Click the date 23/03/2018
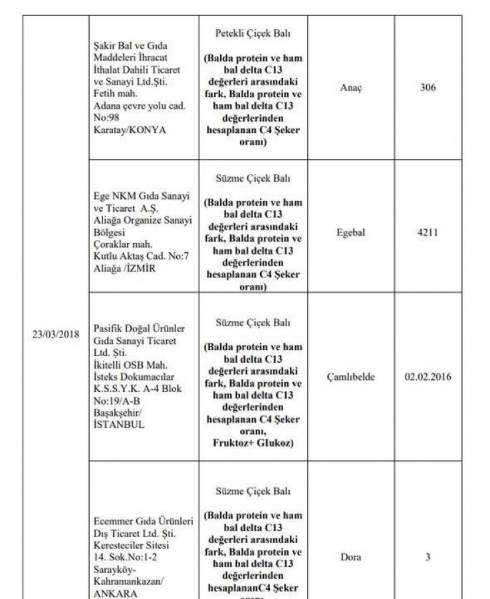pyautogui.click(x=56, y=333)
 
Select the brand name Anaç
pyautogui.click(x=351, y=87)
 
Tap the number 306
pyautogui.click(x=428, y=87)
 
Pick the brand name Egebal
pyautogui.click(x=351, y=234)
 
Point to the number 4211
pyautogui.click(x=428, y=234)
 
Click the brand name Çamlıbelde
pyautogui.click(x=351, y=377)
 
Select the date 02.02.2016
pyautogui.click(x=428, y=377)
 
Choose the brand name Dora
pyautogui.click(x=351, y=557)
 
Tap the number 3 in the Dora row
pyautogui.click(x=428, y=557)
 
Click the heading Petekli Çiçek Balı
pyautogui.click(x=253, y=33)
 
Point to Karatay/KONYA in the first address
pyautogui.click(x=130, y=130)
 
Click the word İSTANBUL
pyautogui.click(x=119, y=424)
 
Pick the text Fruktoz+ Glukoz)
pyautogui.click(x=253, y=441)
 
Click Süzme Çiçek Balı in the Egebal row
pyautogui.click(x=253, y=179)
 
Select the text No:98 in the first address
pyautogui.click(x=106, y=118)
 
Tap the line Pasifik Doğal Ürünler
pyautogui.click(x=139, y=329)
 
